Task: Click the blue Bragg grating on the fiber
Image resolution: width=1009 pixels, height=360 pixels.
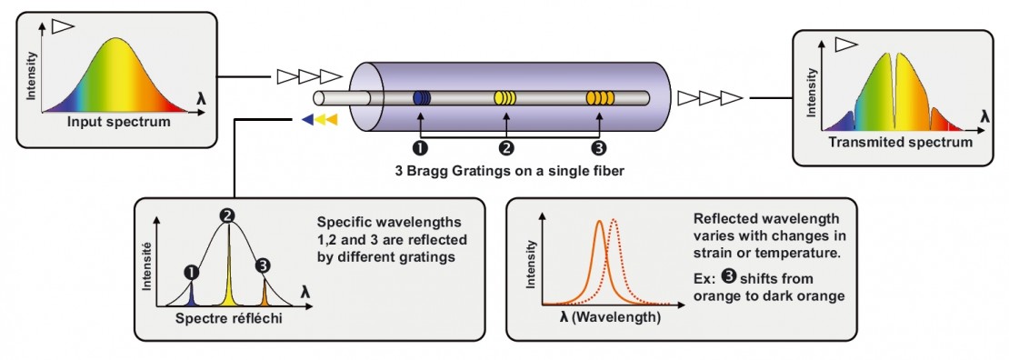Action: point(421,97)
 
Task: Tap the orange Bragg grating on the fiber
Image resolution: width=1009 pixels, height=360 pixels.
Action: point(599,97)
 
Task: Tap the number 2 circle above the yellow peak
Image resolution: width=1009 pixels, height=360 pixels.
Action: point(228,216)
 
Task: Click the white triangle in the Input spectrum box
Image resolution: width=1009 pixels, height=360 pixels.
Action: point(62,27)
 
